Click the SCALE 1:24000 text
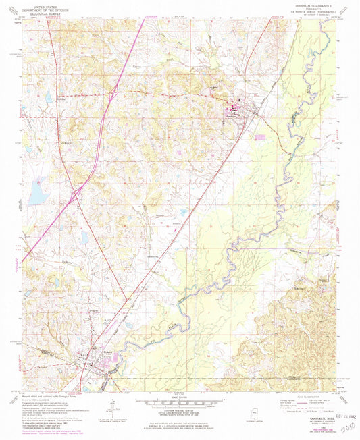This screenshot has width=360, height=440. click(180, 396)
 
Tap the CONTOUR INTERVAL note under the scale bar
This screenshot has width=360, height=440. click(180, 410)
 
